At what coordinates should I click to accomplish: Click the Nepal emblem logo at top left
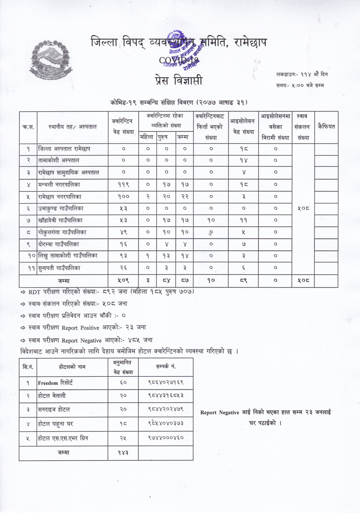coord(51,59)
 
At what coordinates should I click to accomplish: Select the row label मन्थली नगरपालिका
coord(59,185)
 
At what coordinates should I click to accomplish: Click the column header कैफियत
coord(326,126)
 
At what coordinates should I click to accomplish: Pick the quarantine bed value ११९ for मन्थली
coord(123,185)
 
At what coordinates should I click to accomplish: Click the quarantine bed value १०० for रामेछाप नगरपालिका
coord(123,197)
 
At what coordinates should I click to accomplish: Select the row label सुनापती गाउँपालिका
coord(59,268)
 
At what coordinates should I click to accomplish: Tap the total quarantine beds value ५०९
coord(123,281)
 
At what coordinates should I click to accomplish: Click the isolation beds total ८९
coord(244,281)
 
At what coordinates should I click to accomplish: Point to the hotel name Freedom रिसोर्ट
coord(55,382)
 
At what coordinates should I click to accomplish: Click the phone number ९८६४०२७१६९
coord(166,382)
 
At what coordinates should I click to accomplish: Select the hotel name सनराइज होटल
coord(54,409)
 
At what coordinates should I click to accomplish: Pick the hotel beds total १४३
coord(123,453)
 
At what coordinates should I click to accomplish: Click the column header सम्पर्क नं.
coord(166,367)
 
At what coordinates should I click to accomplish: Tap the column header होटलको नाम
coord(72,367)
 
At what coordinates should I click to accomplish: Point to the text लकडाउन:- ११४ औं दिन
coord(301,74)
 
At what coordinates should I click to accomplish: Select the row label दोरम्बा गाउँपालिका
coord(58,244)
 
